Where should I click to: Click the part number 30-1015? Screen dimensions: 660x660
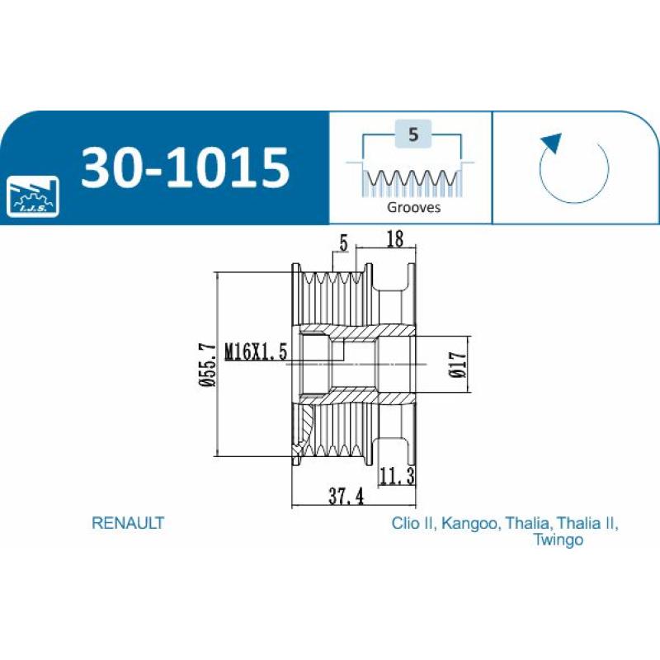click(185, 167)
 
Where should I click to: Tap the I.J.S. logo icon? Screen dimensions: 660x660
click(33, 196)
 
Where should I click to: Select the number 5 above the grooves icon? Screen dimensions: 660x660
click(413, 134)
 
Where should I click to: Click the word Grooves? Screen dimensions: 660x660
click(413, 207)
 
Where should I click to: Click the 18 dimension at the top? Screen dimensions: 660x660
click(394, 238)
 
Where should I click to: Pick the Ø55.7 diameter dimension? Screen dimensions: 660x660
click(209, 365)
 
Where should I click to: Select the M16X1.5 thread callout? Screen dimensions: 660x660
click(256, 352)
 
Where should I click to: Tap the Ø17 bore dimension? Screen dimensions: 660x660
click(458, 365)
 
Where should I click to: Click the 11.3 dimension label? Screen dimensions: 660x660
click(397, 476)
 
